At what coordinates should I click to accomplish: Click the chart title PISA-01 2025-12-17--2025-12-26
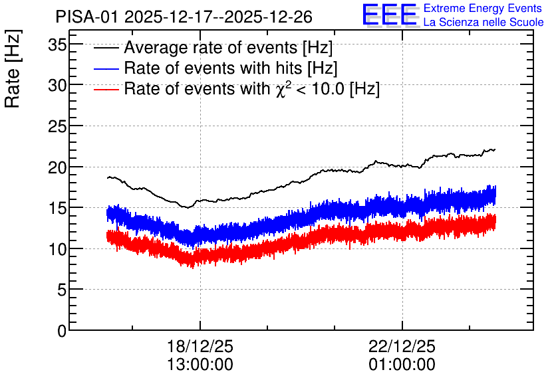tap(184, 17)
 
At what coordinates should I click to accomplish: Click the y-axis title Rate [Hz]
tap(13, 68)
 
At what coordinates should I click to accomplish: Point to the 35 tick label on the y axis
tap(57, 45)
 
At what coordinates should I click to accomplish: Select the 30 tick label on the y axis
tap(57, 85)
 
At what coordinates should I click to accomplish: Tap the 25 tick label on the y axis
tap(57, 126)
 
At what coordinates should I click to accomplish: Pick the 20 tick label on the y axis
tap(57, 167)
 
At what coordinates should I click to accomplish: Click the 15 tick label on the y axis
tap(57, 208)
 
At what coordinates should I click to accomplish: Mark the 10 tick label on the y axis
tap(57, 249)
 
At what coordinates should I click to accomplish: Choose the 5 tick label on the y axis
tap(62, 290)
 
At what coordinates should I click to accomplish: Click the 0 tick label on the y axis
tap(62, 331)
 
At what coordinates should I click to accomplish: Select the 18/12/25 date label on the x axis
tap(200, 346)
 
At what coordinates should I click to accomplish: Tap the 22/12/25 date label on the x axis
tap(402, 346)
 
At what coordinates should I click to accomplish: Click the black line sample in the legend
tap(106, 48)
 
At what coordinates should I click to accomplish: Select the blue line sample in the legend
tap(106, 68)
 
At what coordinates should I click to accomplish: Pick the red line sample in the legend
tap(106, 89)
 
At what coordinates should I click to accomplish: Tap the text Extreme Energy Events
tap(483, 8)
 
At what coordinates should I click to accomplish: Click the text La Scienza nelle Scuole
tap(484, 22)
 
